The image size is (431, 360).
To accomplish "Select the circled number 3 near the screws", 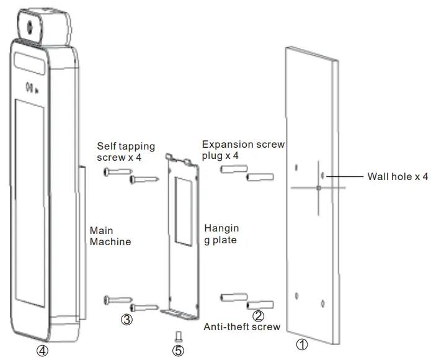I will click(x=127, y=320).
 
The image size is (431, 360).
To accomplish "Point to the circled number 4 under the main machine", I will click(x=42, y=350).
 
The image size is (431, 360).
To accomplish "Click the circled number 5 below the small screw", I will click(x=178, y=350).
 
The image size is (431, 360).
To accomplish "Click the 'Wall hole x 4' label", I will click(x=398, y=177).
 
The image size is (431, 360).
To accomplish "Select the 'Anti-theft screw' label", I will click(x=242, y=327).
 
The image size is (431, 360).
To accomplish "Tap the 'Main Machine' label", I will click(x=110, y=236).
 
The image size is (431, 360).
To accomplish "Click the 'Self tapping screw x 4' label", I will click(x=128, y=151).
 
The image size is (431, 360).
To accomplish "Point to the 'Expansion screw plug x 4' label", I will click(x=243, y=150).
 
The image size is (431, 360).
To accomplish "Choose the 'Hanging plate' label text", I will click(x=221, y=235).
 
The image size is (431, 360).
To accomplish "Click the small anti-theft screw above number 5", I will click(x=178, y=336).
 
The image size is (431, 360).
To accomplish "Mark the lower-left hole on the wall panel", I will click(x=297, y=295).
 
